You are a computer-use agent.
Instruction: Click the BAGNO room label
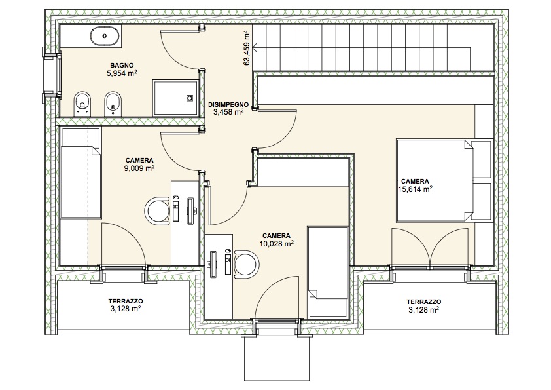[122, 66]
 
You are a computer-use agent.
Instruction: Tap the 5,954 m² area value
[122, 73]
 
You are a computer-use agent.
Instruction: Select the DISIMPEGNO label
[228, 104]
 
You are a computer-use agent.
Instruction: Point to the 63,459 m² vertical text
[247, 48]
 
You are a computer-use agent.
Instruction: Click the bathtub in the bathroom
[105, 36]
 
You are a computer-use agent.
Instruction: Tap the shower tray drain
[190, 98]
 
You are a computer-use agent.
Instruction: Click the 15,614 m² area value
[415, 189]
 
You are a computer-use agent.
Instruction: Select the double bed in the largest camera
[444, 180]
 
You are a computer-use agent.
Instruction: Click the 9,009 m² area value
[139, 168]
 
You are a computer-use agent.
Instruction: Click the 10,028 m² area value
[277, 244]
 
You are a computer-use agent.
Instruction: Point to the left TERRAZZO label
[126, 302]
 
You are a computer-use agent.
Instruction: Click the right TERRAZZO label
[424, 302]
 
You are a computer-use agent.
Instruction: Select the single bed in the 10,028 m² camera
[328, 272]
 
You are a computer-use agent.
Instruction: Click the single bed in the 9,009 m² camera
[80, 173]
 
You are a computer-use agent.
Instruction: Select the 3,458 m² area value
[228, 112]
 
